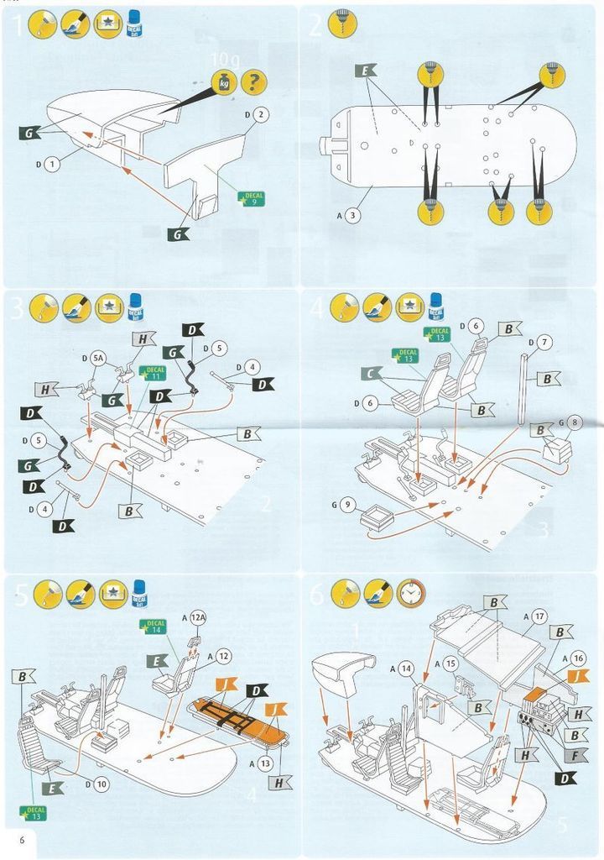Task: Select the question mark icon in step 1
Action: coord(254,82)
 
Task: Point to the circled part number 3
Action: coord(353,215)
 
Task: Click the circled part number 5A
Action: coord(99,358)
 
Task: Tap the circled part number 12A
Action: coord(198,618)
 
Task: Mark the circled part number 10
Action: coord(101,784)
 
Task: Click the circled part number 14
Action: coord(406,669)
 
